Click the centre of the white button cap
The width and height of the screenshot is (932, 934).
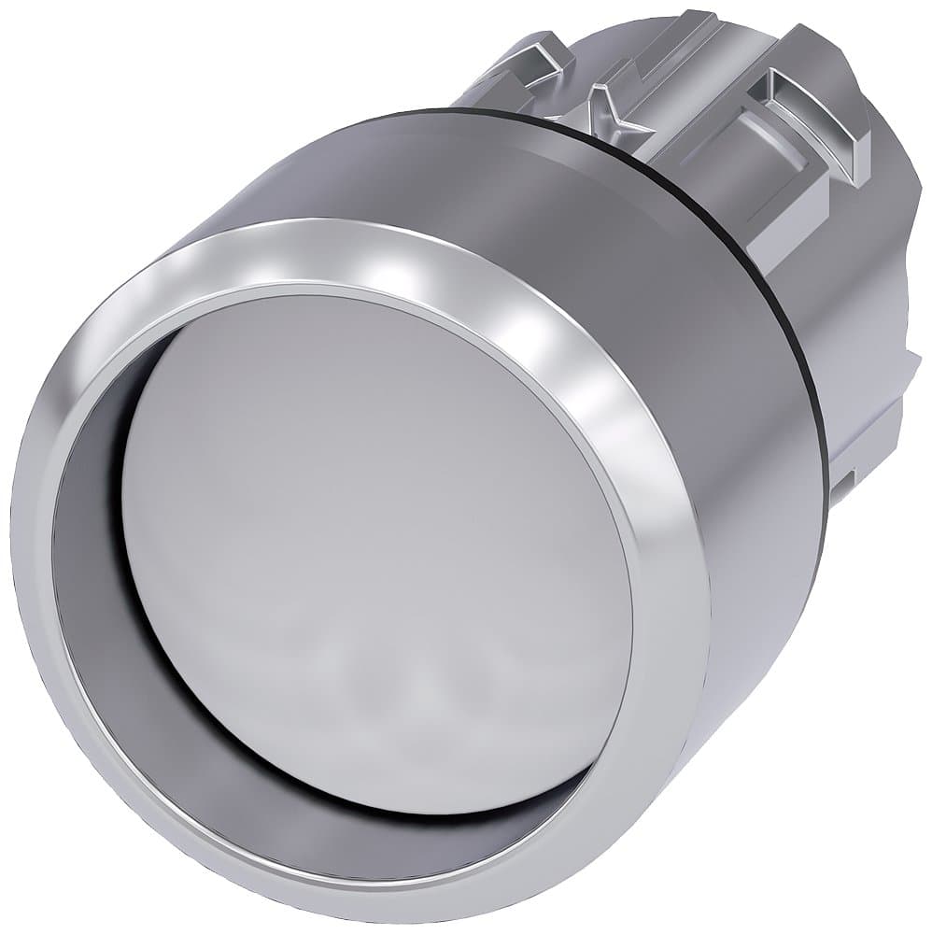(x=374, y=551)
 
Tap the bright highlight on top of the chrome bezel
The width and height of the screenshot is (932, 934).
(x=392, y=271)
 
